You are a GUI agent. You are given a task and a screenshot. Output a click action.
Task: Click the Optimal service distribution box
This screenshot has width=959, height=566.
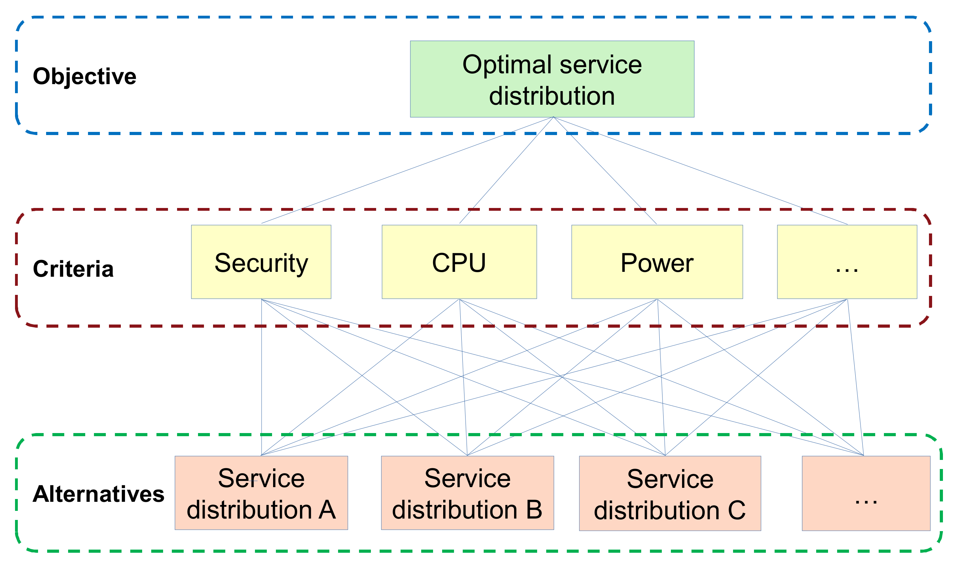click(552, 79)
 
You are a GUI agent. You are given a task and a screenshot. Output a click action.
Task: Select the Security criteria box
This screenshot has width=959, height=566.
click(261, 262)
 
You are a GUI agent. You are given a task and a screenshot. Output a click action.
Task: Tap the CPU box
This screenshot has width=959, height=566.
click(459, 262)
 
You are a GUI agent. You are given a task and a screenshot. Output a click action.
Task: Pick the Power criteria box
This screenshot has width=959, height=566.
click(657, 262)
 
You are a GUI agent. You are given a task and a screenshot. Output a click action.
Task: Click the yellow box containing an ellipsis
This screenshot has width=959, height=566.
click(847, 262)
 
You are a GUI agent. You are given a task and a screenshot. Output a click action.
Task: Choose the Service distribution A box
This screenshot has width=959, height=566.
click(261, 493)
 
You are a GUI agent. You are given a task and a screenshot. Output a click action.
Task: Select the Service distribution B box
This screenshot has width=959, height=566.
click(467, 493)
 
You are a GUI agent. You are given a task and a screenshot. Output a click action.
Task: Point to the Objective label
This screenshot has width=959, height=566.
click(84, 76)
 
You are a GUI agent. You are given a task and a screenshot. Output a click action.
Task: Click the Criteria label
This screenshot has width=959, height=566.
click(73, 269)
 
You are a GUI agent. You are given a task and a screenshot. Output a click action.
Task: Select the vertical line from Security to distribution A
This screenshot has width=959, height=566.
click(262, 381)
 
